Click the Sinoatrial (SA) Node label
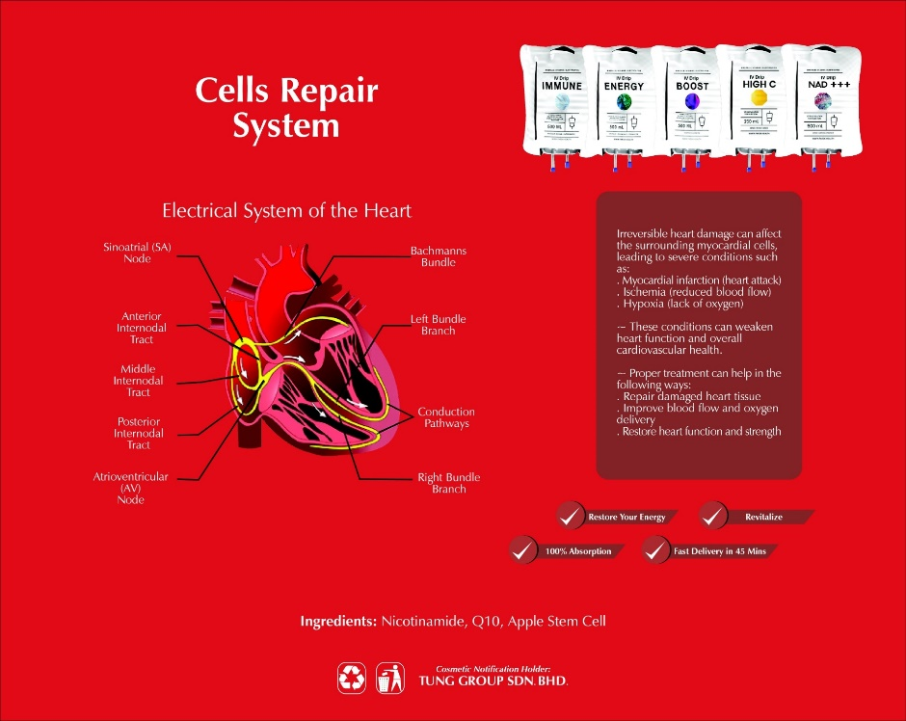(x=137, y=254)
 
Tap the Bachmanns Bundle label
(x=439, y=256)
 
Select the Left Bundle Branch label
(x=438, y=325)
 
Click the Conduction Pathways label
(x=446, y=417)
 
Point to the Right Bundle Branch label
(x=448, y=483)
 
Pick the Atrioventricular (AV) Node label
(x=130, y=488)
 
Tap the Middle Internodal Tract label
(x=138, y=381)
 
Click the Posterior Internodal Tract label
(x=139, y=433)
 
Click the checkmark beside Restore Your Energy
(x=571, y=516)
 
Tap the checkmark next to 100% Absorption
(x=523, y=550)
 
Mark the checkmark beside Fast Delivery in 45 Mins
(x=655, y=550)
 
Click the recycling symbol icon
(x=352, y=678)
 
